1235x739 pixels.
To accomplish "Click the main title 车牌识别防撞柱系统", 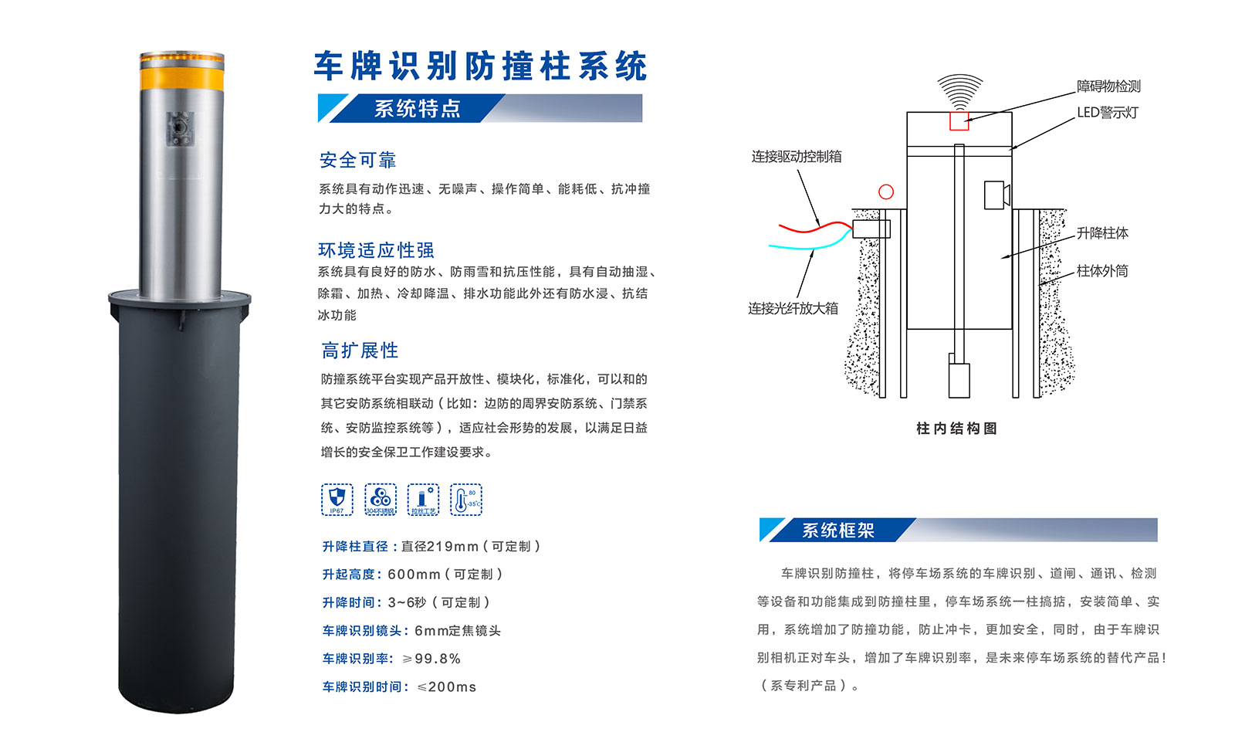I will click(480, 66).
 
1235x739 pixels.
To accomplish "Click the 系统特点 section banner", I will click(417, 109).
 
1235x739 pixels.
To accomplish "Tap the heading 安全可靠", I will click(357, 160).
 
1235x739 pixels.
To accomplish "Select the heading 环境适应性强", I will click(376, 250).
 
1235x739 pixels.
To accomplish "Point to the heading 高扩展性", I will click(360, 351).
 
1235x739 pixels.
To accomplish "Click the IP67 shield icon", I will click(337, 499).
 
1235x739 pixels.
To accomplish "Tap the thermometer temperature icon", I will click(465, 500).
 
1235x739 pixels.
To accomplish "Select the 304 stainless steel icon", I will click(380, 499).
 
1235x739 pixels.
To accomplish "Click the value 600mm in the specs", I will click(414, 575).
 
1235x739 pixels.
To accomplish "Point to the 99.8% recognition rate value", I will click(438, 659).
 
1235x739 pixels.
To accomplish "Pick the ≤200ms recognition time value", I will click(447, 687).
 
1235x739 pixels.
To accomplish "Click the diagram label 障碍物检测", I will click(1108, 86).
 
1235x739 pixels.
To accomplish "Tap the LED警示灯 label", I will click(1108, 113).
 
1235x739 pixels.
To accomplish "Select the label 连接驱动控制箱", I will click(796, 157).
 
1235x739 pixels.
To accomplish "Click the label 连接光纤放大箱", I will click(793, 308).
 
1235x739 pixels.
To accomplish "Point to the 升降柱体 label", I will click(1102, 233).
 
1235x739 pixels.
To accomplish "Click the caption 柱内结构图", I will click(956, 429).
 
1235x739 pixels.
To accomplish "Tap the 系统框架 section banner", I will click(837, 531).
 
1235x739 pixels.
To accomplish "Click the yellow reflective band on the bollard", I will click(181, 79).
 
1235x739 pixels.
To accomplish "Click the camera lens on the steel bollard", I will click(180, 127).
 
